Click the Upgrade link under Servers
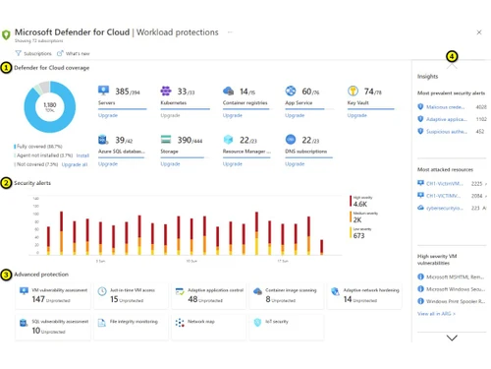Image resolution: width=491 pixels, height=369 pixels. pyautogui.click(x=108, y=115)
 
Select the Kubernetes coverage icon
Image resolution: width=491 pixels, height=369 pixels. pyautogui.click(x=167, y=92)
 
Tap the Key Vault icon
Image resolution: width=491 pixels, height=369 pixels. pyautogui.click(x=353, y=92)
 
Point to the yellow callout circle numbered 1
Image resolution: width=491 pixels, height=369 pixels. pyautogui.click(x=7, y=67)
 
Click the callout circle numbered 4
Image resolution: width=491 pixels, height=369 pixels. pyautogui.click(x=452, y=57)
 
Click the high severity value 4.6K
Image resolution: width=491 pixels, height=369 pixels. pyautogui.click(x=360, y=204)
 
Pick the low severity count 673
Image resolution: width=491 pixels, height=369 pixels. pyautogui.click(x=358, y=235)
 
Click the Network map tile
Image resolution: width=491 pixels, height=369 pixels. pyautogui.click(x=207, y=325)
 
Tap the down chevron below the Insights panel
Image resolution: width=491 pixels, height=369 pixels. pyautogui.click(x=452, y=338)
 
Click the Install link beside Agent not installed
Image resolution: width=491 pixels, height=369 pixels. pyautogui.click(x=82, y=155)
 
